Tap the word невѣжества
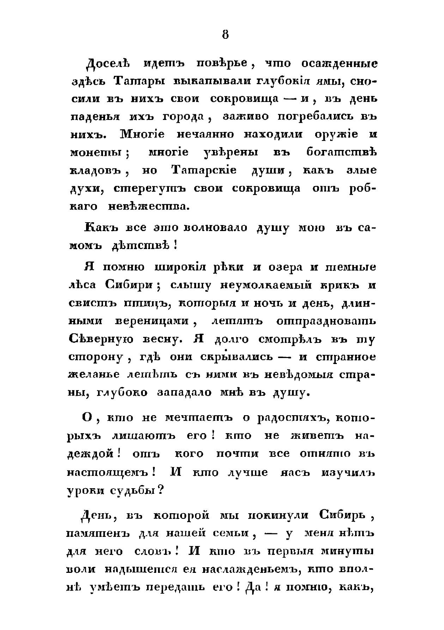coord(148,206)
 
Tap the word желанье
coord(94,375)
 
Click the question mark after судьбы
coord(160,490)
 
